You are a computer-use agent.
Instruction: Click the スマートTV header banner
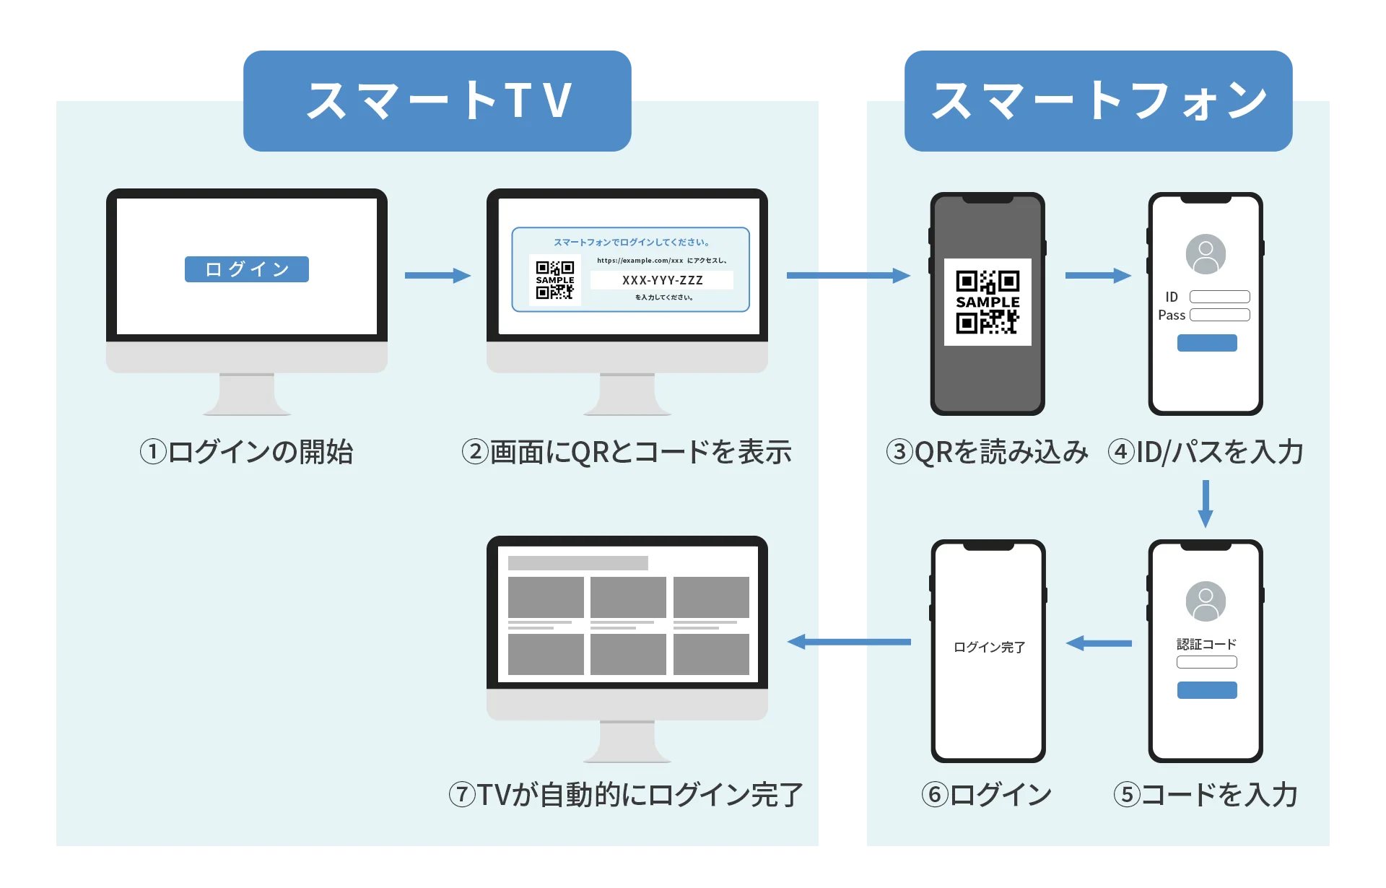pyautogui.click(x=437, y=100)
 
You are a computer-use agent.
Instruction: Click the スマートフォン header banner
pyautogui.click(x=1098, y=100)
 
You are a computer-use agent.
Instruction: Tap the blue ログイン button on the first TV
pyautogui.click(x=247, y=269)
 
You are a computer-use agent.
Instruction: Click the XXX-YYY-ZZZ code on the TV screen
pyautogui.click(x=662, y=280)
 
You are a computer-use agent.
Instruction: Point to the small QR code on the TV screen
pyautogui.click(x=554, y=280)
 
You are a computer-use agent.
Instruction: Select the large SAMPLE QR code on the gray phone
pyautogui.click(x=988, y=302)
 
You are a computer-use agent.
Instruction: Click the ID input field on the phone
pyautogui.click(x=1219, y=297)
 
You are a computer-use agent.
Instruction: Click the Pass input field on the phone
pyautogui.click(x=1219, y=315)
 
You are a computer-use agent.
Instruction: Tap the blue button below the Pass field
pyautogui.click(x=1207, y=343)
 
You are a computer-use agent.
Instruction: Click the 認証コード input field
pyautogui.click(x=1206, y=662)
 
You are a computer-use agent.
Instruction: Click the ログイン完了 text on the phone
pyautogui.click(x=989, y=648)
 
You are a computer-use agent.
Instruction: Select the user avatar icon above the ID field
pyautogui.click(x=1206, y=254)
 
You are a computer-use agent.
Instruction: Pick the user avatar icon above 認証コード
pyautogui.click(x=1206, y=601)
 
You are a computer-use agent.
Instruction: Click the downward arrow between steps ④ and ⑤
pyautogui.click(x=1205, y=504)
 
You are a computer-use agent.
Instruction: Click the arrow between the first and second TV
pyautogui.click(x=437, y=275)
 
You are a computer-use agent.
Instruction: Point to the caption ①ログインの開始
pyautogui.click(x=246, y=453)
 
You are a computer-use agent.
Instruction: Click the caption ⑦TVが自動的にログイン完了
pyautogui.click(x=626, y=795)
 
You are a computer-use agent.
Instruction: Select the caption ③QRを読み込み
pyautogui.click(x=987, y=453)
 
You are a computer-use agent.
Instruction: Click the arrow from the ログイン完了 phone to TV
pyautogui.click(x=849, y=642)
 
